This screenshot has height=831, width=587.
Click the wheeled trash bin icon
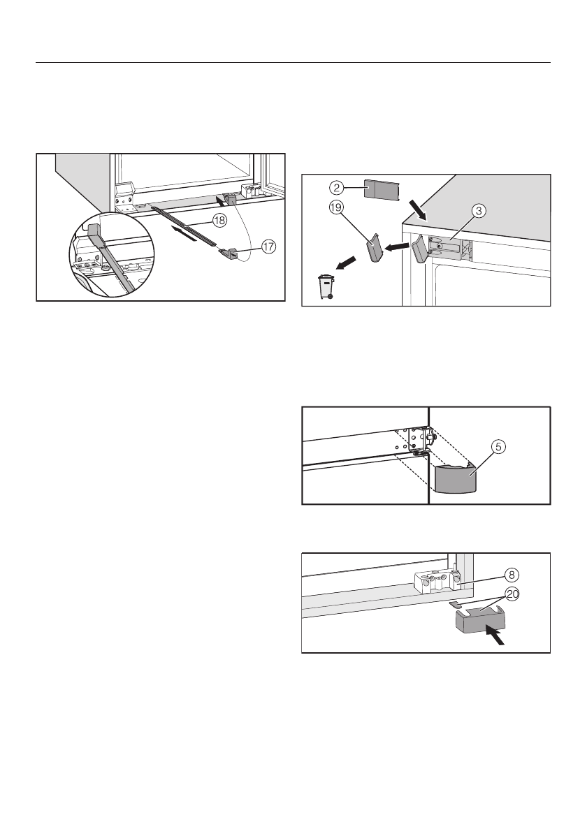coord(324,288)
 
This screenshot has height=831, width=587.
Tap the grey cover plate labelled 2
coord(380,190)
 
